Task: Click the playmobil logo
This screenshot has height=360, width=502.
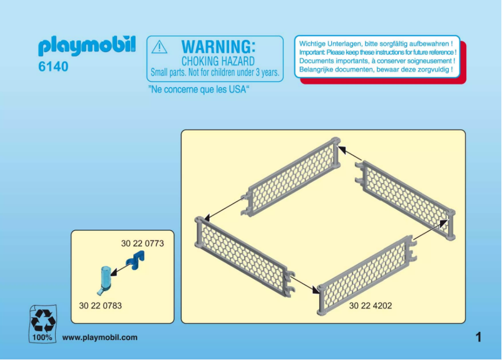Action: pos(87,46)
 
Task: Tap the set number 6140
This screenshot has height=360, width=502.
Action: pos(53,66)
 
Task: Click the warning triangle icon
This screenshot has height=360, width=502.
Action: pos(159,47)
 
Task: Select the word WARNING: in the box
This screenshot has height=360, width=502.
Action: pos(218,47)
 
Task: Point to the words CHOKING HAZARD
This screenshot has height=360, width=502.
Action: pos(218,61)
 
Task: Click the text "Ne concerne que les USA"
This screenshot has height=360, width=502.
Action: pos(198,90)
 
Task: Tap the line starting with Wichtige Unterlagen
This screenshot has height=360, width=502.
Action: pos(376,44)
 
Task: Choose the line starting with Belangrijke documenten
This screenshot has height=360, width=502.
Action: pos(376,69)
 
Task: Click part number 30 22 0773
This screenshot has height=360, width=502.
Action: pos(143,244)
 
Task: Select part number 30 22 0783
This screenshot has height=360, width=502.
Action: pos(100,306)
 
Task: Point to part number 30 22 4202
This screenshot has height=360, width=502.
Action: pos(371,306)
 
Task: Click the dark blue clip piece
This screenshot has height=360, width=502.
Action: pos(135,260)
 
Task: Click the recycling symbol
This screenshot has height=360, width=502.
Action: pos(43,321)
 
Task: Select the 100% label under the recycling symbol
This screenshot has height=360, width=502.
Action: pos(42,337)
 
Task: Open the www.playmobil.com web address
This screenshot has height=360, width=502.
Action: pos(100,337)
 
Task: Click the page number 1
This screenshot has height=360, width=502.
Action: pos(478,337)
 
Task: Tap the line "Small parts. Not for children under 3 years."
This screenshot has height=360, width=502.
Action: pos(215,73)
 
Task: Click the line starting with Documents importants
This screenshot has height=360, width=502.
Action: pos(377,61)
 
